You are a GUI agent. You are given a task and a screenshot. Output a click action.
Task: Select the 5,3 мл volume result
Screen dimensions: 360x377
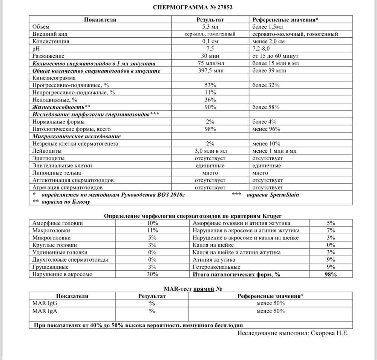210,27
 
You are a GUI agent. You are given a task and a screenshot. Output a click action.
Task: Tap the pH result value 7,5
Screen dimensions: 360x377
210,49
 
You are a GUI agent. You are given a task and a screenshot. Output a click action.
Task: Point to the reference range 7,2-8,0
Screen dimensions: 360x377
264,49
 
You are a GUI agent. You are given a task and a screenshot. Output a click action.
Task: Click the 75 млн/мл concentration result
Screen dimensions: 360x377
210,63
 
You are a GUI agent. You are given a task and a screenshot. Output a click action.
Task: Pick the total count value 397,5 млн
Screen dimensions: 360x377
210,70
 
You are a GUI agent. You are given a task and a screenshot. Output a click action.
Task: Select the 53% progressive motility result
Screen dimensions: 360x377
210,85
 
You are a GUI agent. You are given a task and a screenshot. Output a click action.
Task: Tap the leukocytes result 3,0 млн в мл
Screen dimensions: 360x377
210,151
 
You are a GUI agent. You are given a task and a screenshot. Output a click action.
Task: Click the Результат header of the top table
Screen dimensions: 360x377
210,20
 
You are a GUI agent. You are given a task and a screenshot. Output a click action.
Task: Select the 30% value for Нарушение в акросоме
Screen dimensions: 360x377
152,274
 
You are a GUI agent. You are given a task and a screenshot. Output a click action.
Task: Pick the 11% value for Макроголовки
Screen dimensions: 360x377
152,230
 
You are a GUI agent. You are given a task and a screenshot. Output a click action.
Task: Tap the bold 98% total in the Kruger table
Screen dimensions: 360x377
330,274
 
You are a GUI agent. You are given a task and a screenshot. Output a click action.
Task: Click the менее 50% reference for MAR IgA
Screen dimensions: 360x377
270,311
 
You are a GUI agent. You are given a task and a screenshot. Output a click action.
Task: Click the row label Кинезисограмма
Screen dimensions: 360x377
54,78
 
